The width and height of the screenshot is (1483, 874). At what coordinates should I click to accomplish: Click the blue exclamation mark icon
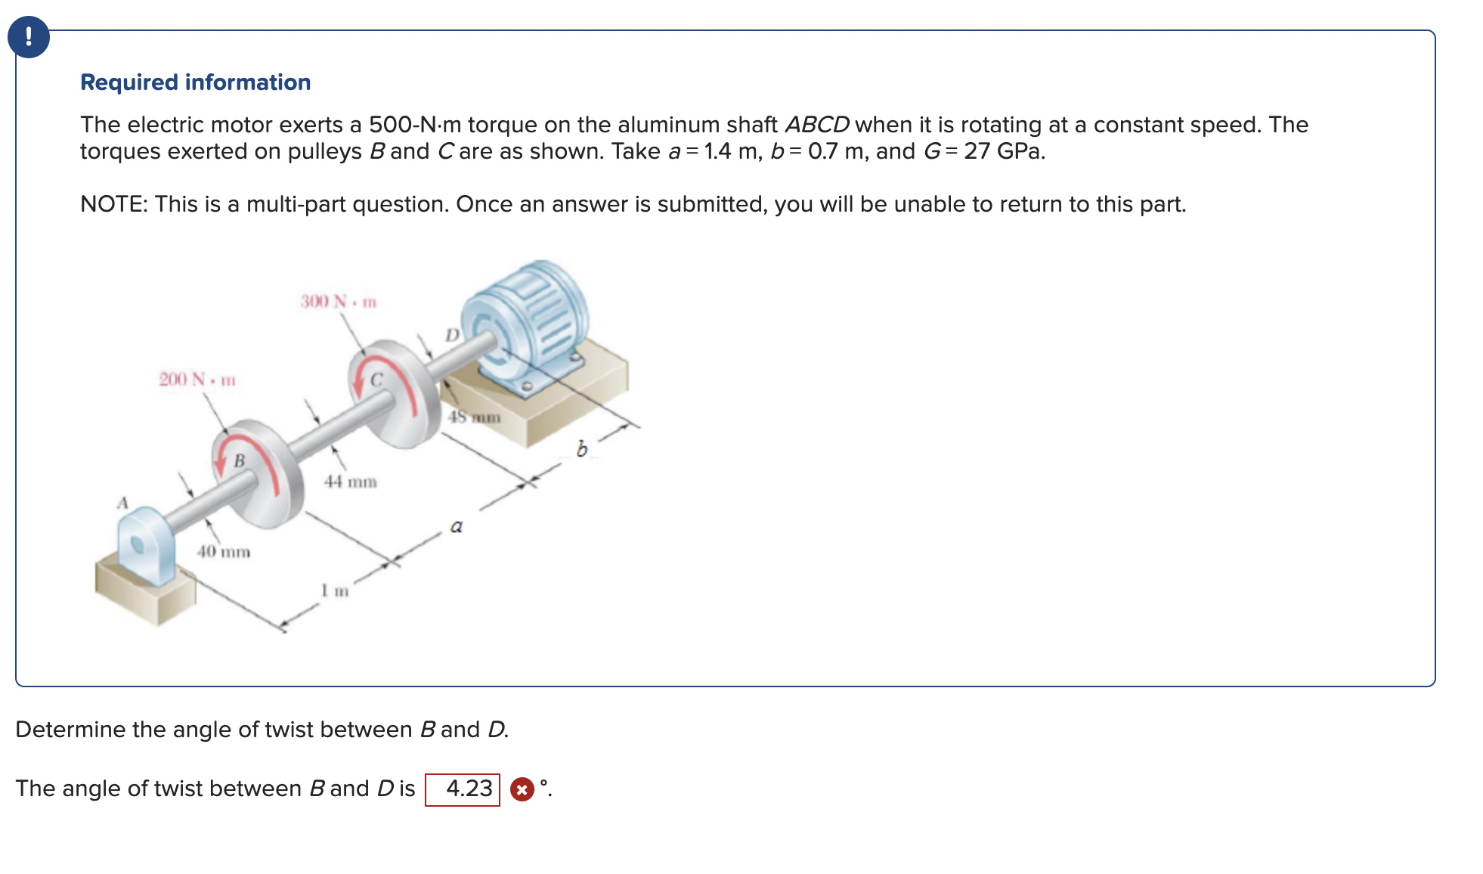pos(29,37)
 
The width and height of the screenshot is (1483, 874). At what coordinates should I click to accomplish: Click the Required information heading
pos(195,82)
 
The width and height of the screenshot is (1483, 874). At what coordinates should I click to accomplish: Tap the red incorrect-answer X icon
pos(522,789)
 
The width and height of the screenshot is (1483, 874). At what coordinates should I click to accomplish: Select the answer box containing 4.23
pos(463,789)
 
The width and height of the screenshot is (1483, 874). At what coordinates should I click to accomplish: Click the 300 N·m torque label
pos(338,302)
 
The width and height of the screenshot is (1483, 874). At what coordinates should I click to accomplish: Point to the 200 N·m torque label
pos(197,379)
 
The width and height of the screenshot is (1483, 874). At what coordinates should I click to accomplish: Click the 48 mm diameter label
pos(474,417)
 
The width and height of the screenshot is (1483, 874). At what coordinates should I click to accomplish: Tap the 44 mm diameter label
pos(350,482)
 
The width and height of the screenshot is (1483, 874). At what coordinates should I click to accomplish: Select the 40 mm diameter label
pos(223,551)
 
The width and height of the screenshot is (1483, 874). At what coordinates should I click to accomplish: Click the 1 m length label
pos(335,590)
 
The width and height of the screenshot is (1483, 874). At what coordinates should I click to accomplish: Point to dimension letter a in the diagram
pos(456,526)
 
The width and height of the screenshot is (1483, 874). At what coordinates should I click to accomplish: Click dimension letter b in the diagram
pos(581,449)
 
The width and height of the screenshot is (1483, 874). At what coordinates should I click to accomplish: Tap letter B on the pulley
pos(240,460)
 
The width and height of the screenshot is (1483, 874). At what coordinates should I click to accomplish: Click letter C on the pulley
pos(376,379)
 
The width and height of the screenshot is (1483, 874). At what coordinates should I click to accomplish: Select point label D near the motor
pos(451,334)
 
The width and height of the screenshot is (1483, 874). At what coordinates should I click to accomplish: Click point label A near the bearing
pos(122,503)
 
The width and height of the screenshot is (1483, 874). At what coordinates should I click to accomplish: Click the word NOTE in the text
pos(113,204)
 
